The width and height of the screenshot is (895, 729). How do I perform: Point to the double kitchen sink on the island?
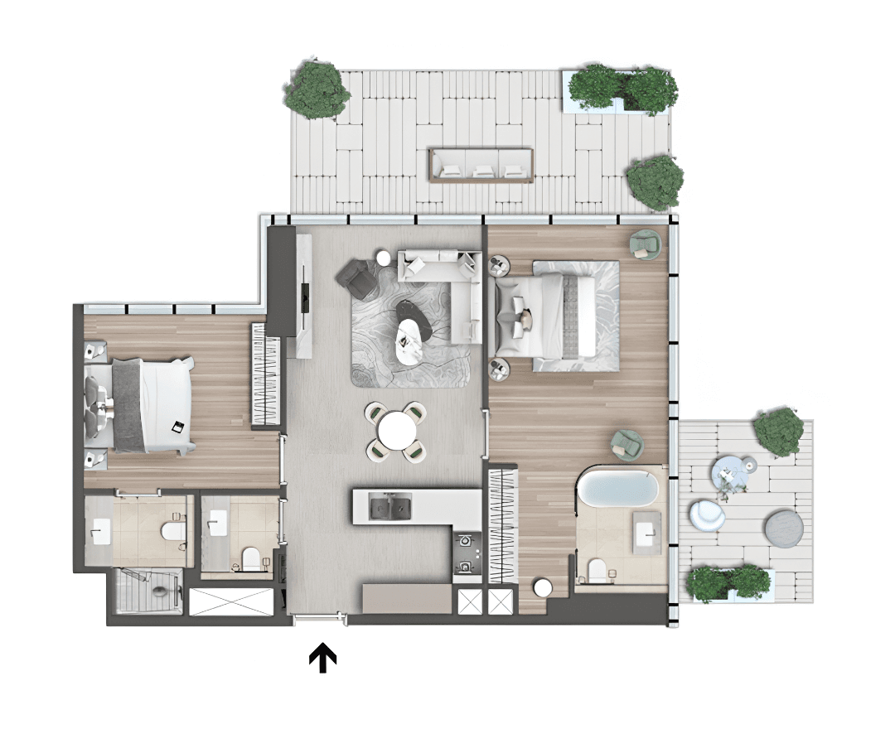point(390,505)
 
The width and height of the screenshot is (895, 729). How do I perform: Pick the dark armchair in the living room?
point(356,278)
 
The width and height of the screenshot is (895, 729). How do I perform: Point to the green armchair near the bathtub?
point(627,445)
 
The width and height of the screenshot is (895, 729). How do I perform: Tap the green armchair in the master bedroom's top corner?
point(645,243)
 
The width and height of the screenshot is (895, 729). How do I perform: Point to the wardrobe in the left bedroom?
point(264,374)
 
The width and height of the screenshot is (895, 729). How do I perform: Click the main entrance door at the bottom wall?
point(320,618)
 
